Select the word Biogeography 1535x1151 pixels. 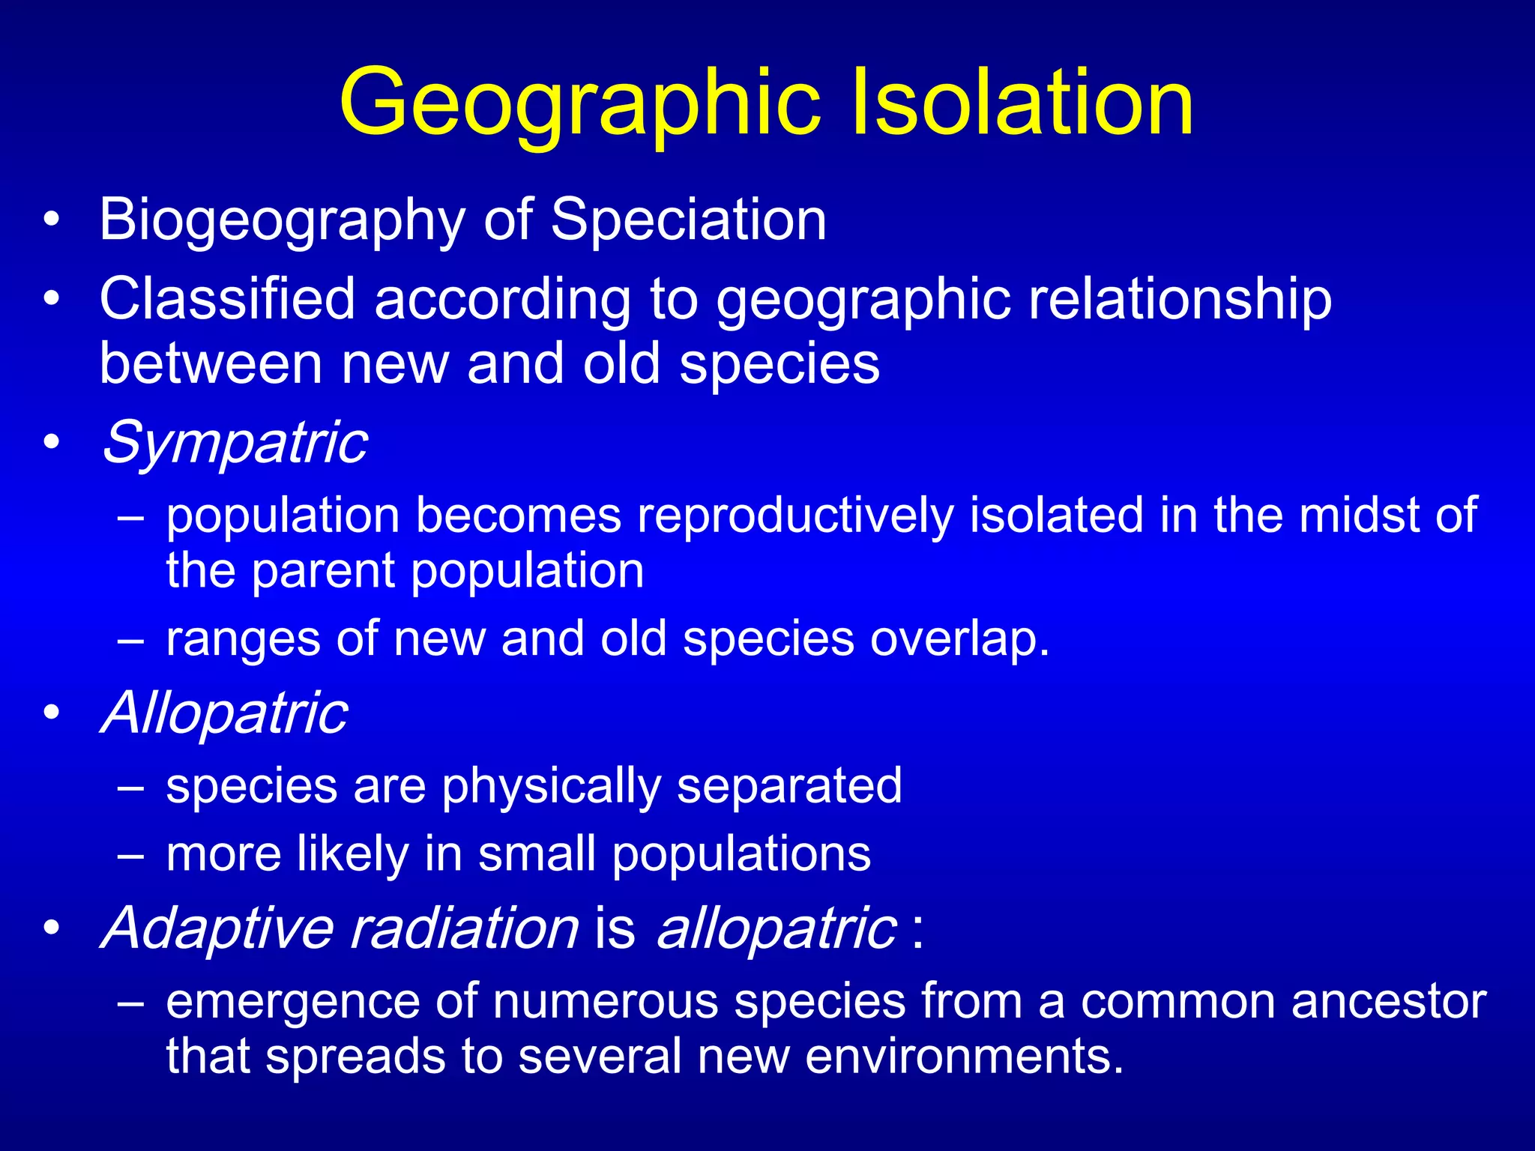click(282, 220)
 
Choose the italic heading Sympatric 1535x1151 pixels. click(235, 443)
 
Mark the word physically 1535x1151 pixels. click(551, 787)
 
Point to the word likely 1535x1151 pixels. click(352, 854)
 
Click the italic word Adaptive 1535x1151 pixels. click(217, 928)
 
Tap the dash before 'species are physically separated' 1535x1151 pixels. click(130, 787)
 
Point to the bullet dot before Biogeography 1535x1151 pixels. click(51, 220)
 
